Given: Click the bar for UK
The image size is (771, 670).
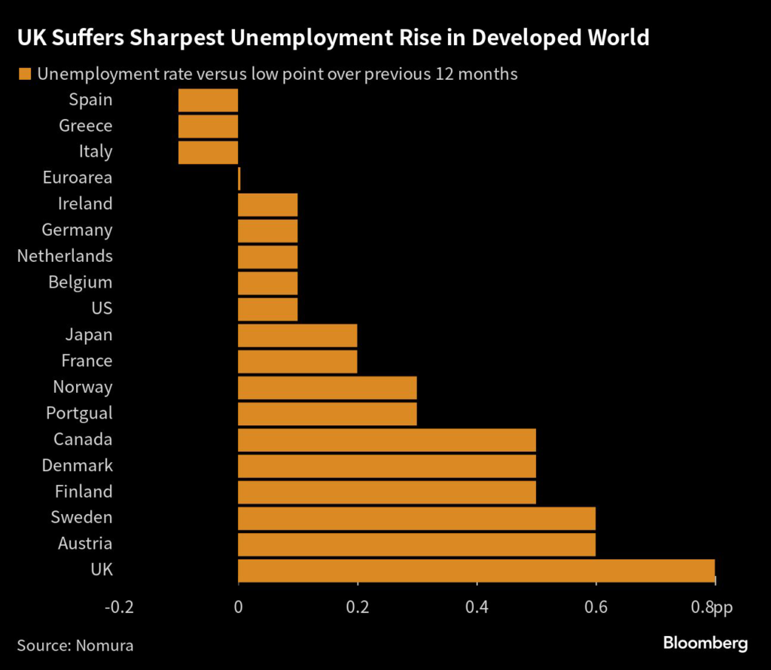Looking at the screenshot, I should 476,569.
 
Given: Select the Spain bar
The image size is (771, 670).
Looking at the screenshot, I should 208,99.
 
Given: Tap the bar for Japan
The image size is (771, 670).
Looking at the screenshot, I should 297,334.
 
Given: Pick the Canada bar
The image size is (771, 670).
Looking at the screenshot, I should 387,439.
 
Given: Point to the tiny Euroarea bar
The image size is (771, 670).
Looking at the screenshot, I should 239,178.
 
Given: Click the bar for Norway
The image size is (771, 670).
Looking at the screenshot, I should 327,387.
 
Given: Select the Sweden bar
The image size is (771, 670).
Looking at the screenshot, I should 416,517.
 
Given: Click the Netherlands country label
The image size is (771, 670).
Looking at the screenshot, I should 65,256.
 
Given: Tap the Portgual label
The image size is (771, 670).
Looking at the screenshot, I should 79,413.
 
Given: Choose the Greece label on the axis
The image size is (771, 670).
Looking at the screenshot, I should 86,126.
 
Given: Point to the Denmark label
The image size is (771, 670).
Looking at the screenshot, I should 77,465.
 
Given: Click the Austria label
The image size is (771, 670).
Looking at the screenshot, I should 85,544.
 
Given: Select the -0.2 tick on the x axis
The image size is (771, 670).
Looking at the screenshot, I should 120,607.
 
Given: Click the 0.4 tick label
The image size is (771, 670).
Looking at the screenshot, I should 476,607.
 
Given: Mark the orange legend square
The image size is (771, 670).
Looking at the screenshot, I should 25,74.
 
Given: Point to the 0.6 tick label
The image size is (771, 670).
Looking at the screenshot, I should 596,607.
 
